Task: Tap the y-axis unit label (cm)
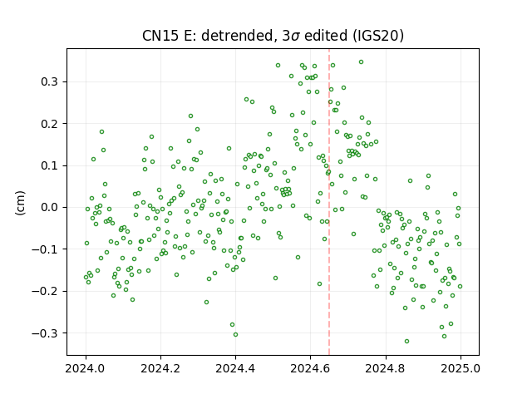[x=20, y=203]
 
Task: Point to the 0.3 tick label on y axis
[x=50, y=81]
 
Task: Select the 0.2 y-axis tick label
[x=50, y=124]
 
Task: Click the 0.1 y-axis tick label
[x=50, y=165]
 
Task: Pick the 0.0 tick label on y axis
[x=50, y=207]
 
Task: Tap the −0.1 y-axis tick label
[x=46, y=249]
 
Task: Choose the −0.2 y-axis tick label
[x=46, y=291]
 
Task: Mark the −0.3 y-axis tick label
[x=46, y=333]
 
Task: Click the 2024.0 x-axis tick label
[x=86, y=368]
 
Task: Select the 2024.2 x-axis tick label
[x=160, y=368]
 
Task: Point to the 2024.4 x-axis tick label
[x=235, y=368]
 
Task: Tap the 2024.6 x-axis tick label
[x=310, y=368]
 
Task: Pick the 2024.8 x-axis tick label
[x=386, y=368]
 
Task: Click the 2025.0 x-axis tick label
[x=461, y=368]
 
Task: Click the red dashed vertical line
[x=329, y=202]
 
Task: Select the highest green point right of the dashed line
[x=361, y=62]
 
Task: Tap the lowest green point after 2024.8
[x=406, y=342]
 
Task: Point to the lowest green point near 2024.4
[x=235, y=334]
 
